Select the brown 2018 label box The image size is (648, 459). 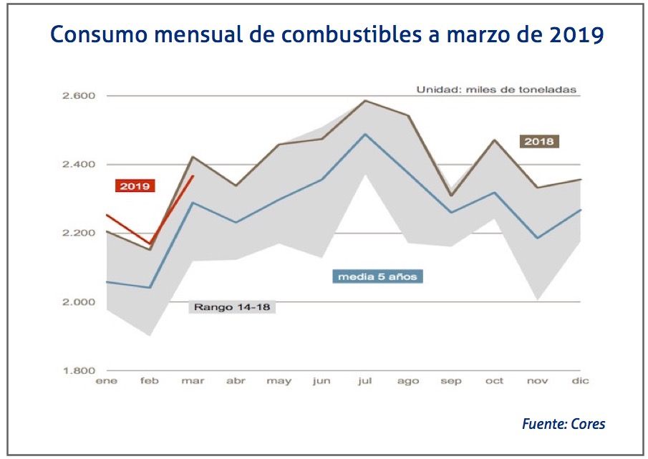[538, 142]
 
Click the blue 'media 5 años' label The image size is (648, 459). [377, 276]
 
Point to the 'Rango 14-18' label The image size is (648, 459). [233, 307]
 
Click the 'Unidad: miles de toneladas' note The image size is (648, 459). [496, 90]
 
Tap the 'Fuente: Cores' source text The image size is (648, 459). [563, 424]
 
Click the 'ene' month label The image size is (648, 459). [106, 382]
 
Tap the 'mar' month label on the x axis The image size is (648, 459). [193, 382]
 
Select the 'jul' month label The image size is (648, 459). [365, 382]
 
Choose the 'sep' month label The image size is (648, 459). [451, 382]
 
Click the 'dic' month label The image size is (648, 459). [581, 382]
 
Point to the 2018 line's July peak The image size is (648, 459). [365, 100]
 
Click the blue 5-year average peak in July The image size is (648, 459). [365, 134]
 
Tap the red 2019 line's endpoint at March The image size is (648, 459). [193, 175]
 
